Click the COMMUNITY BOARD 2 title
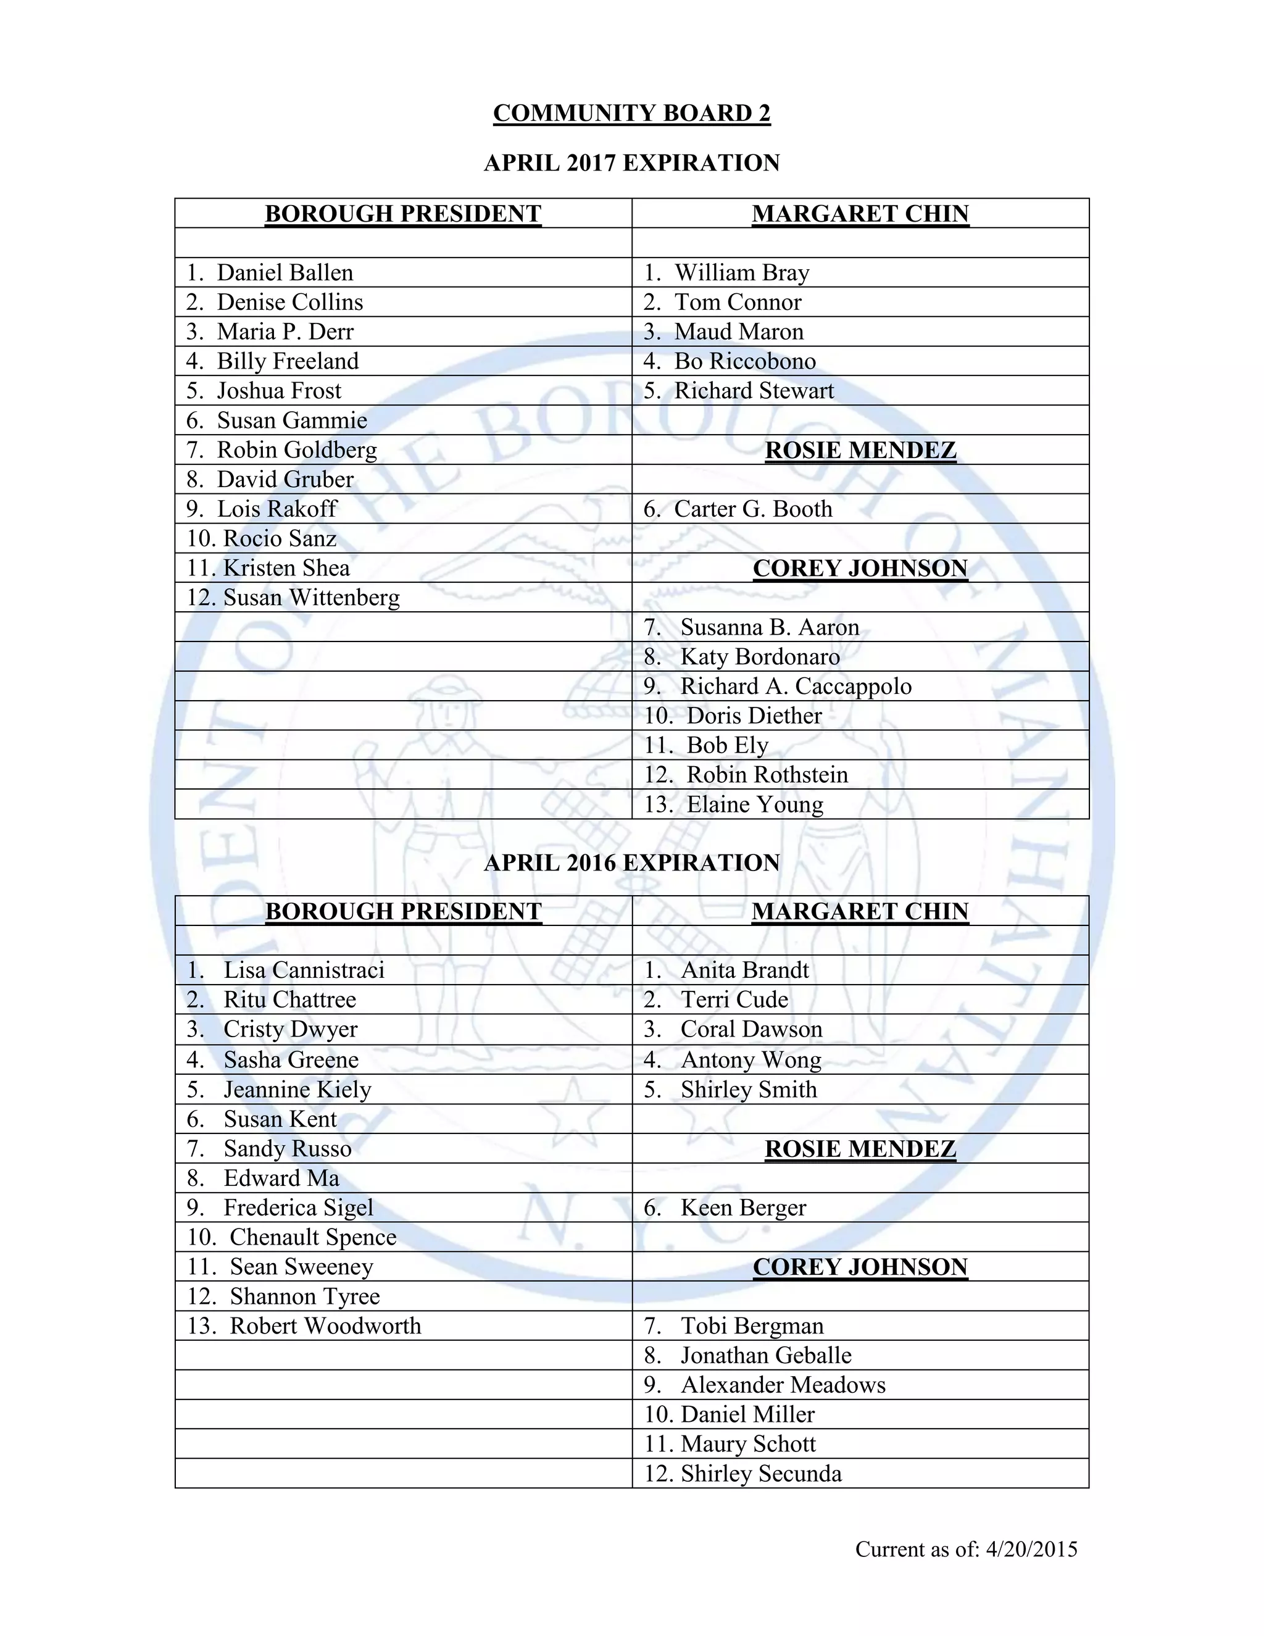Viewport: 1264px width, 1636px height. click(x=631, y=113)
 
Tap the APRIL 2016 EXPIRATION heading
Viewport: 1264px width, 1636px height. click(x=631, y=863)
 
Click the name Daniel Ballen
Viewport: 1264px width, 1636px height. click(x=285, y=273)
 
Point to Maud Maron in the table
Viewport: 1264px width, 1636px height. click(x=738, y=332)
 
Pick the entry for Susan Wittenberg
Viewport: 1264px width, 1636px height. click(x=311, y=598)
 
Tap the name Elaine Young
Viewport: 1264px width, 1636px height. click(x=755, y=804)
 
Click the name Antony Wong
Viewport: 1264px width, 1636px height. click(x=750, y=1060)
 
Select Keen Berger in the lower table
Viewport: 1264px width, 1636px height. click(x=743, y=1208)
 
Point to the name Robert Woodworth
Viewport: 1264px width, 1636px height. click(x=325, y=1326)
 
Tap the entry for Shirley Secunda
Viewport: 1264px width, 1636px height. click(x=761, y=1474)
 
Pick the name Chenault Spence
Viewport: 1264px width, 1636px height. click(x=312, y=1237)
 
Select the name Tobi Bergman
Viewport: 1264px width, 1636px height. click(x=752, y=1326)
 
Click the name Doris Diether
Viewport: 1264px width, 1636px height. click(x=754, y=716)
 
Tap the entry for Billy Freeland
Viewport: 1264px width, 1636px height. click(x=288, y=361)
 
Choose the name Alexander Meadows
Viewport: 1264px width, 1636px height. click(x=783, y=1385)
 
